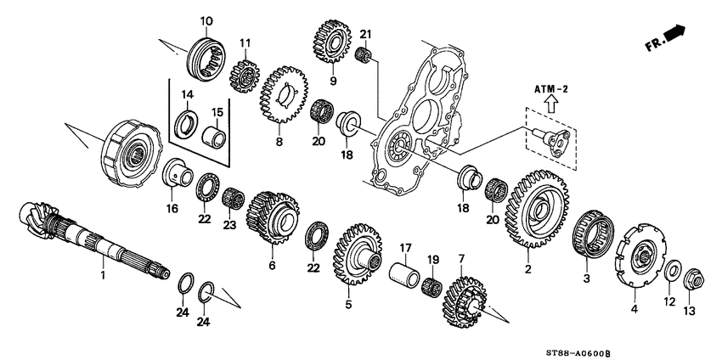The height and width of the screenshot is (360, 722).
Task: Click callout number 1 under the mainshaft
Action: coord(104,275)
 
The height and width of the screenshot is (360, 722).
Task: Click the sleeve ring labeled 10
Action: coord(204,54)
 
